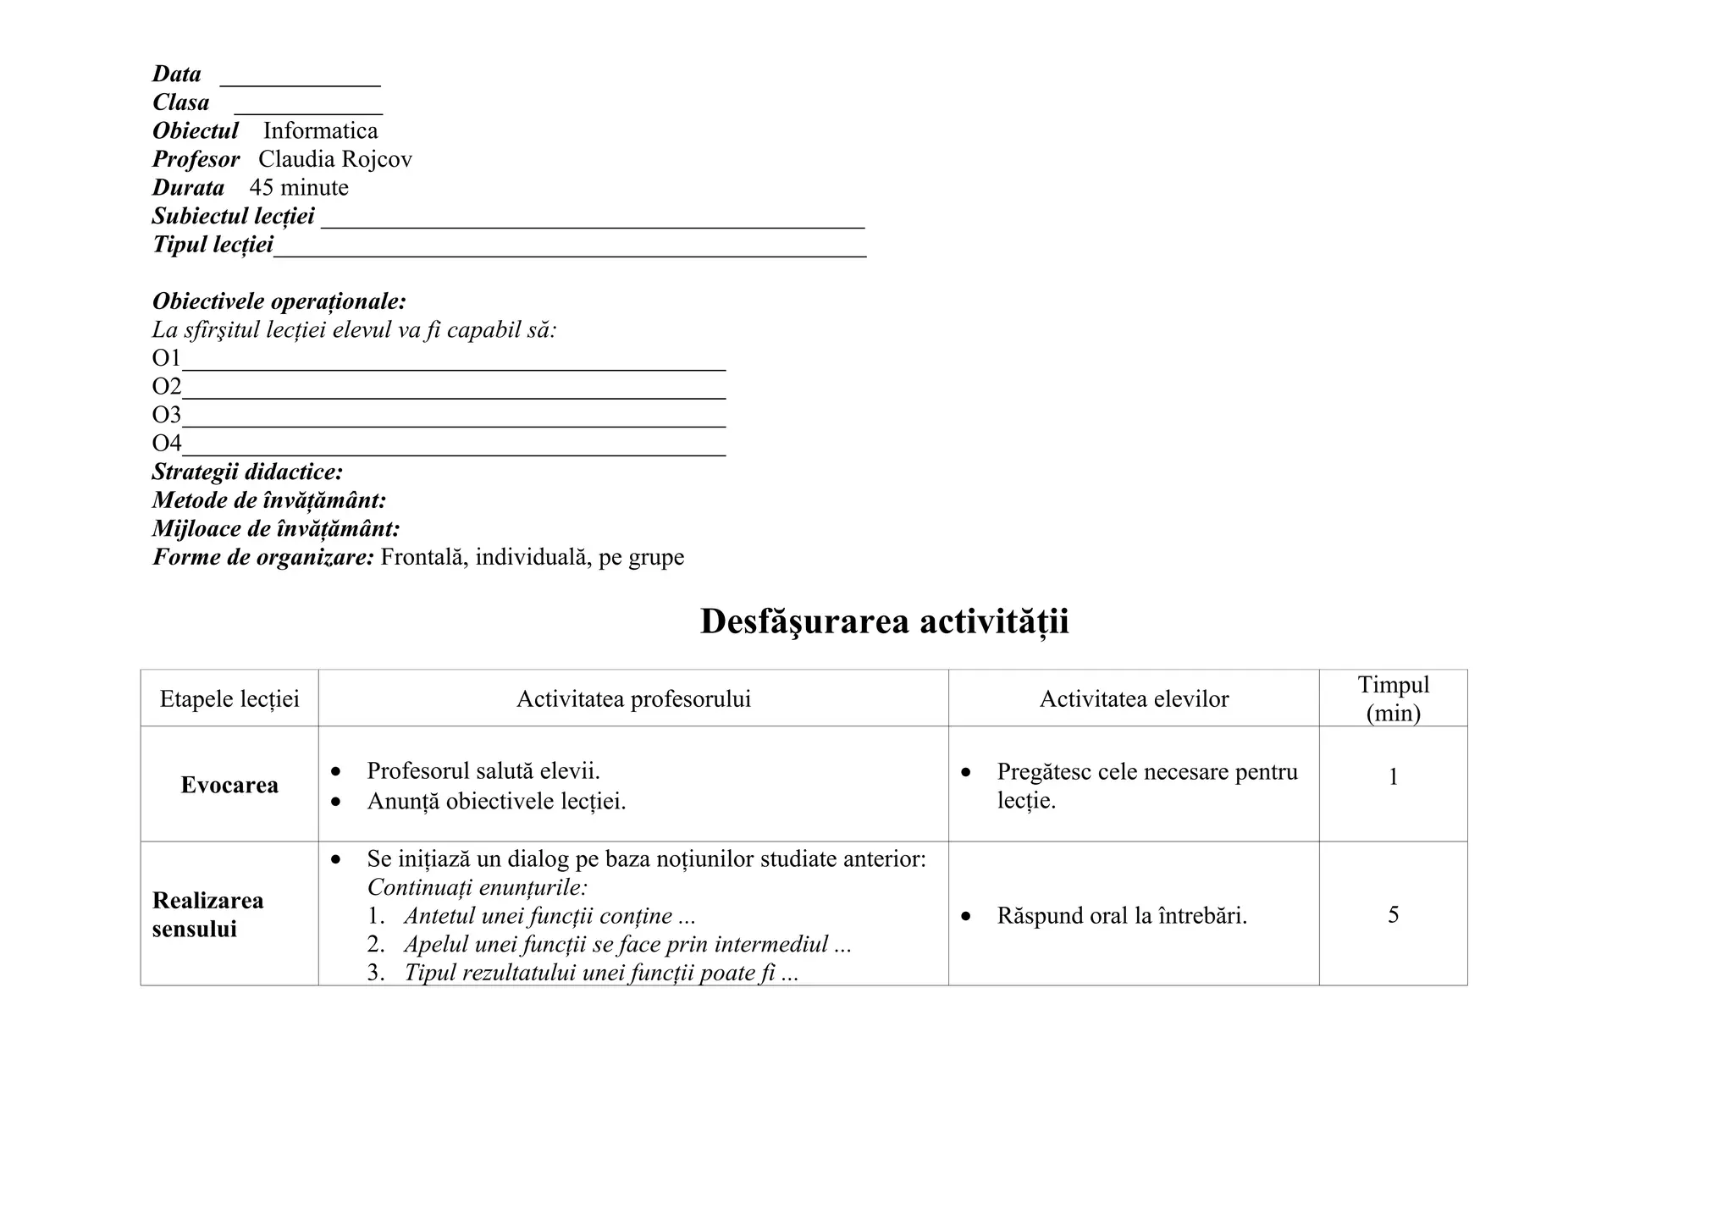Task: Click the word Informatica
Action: (320, 131)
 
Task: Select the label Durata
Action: (188, 188)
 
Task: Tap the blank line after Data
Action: (300, 81)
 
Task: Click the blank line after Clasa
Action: (308, 109)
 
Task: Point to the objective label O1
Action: (166, 358)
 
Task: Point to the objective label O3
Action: (166, 415)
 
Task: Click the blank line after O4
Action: (454, 452)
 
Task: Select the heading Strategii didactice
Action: (247, 472)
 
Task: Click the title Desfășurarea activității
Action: (884, 621)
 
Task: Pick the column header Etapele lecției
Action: (229, 699)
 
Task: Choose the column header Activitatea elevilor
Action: (1134, 699)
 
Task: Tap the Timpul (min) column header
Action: (1393, 698)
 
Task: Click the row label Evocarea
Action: (229, 786)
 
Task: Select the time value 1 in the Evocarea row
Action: (1393, 777)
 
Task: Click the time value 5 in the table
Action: (1393, 915)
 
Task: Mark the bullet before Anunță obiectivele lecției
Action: (337, 801)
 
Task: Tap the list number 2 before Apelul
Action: (376, 945)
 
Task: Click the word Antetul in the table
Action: (438, 916)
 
